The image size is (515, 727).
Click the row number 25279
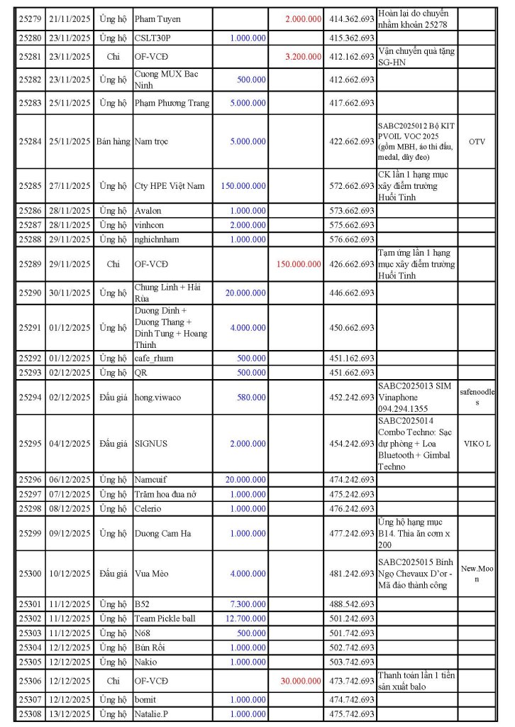point(30,19)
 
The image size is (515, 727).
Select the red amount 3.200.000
point(303,57)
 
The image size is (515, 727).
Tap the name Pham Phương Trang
point(172,103)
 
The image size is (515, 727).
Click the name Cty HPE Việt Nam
point(170,186)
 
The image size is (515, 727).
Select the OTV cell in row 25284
point(477,141)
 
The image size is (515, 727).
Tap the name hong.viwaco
point(158,398)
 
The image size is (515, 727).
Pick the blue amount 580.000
point(252,398)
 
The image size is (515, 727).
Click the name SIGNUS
point(151,444)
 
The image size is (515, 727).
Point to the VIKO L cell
point(477,444)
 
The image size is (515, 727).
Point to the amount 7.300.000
point(248,603)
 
